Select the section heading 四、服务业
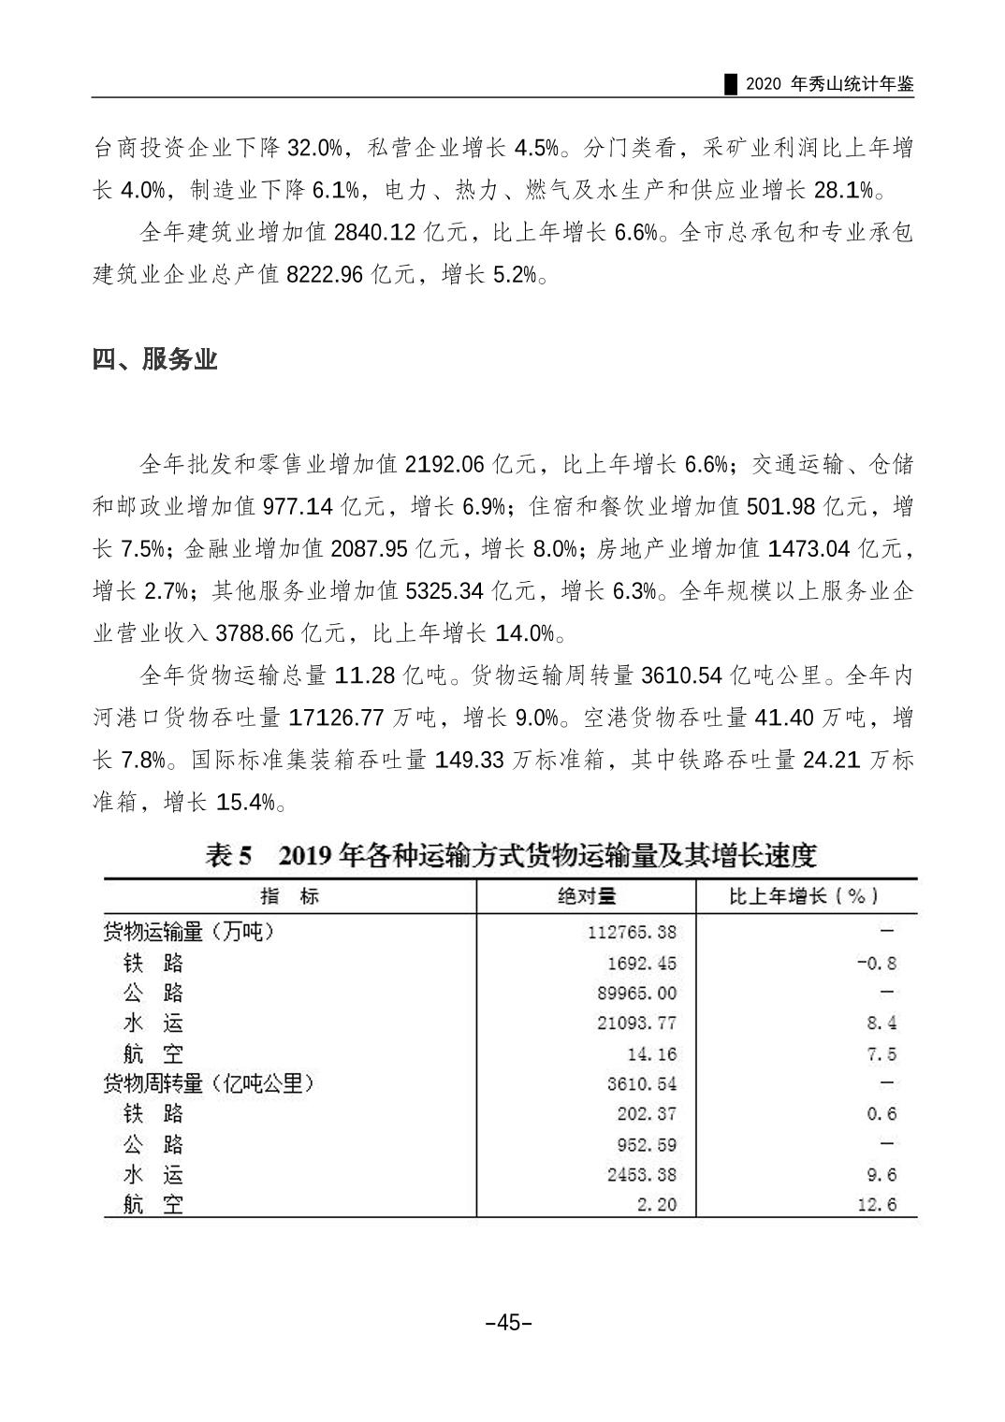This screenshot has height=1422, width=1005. pyautogui.click(x=154, y=359)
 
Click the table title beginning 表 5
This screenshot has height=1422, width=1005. pyautogui.click(x=511, y=855)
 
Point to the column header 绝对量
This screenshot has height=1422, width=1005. pyautogui.click(x=587, y=896)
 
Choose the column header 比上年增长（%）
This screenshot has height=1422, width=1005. pyautogui.click(x=805, y=896)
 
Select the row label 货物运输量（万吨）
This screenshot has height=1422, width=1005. pyautogui.click(x=190, y=932)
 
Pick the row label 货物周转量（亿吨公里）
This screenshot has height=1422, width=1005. pyautogui.click(x=208, y=1083)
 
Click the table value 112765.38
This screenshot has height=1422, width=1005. pyautogui.click(x=633, y=933)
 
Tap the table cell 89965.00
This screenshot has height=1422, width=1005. pyautogui.click(x=636, y=994)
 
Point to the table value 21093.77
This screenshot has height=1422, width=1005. pyautogui.click(x=636, y=1023)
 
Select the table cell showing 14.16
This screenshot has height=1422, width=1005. pyautogui.click(x=651, y=1054)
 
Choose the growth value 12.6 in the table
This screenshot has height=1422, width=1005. pyautogui.click(x=876, y=1205)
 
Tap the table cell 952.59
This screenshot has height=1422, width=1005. pyautogui.click(x=644, y=1145)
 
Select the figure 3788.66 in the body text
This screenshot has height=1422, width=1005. pyautogui.click(x=255, y=633)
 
